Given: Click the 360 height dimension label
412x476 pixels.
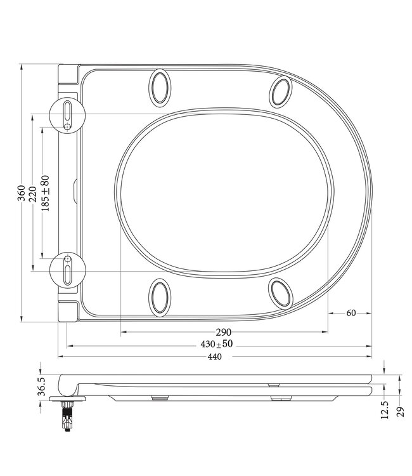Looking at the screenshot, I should [21, 193].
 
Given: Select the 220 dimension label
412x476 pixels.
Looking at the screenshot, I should [32, 193].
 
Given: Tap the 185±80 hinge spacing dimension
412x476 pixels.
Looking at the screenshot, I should [44, 193].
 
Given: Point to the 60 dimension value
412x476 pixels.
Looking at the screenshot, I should [351, 313].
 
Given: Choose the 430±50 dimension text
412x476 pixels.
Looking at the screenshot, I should [219, 345].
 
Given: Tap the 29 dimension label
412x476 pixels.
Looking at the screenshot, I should [399, 411].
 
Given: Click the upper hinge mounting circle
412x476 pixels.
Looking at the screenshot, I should [66, 115].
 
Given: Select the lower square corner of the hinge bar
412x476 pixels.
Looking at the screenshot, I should [68, 310].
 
